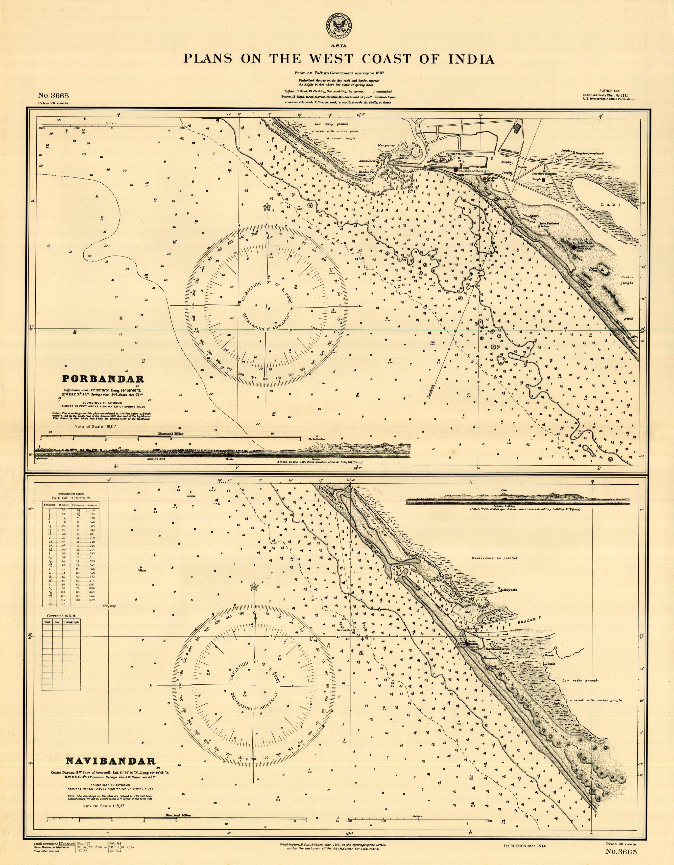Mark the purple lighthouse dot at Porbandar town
tap(456, 170)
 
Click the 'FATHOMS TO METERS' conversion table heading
tap(70, 498)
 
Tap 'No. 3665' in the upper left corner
tap(53, 95)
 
